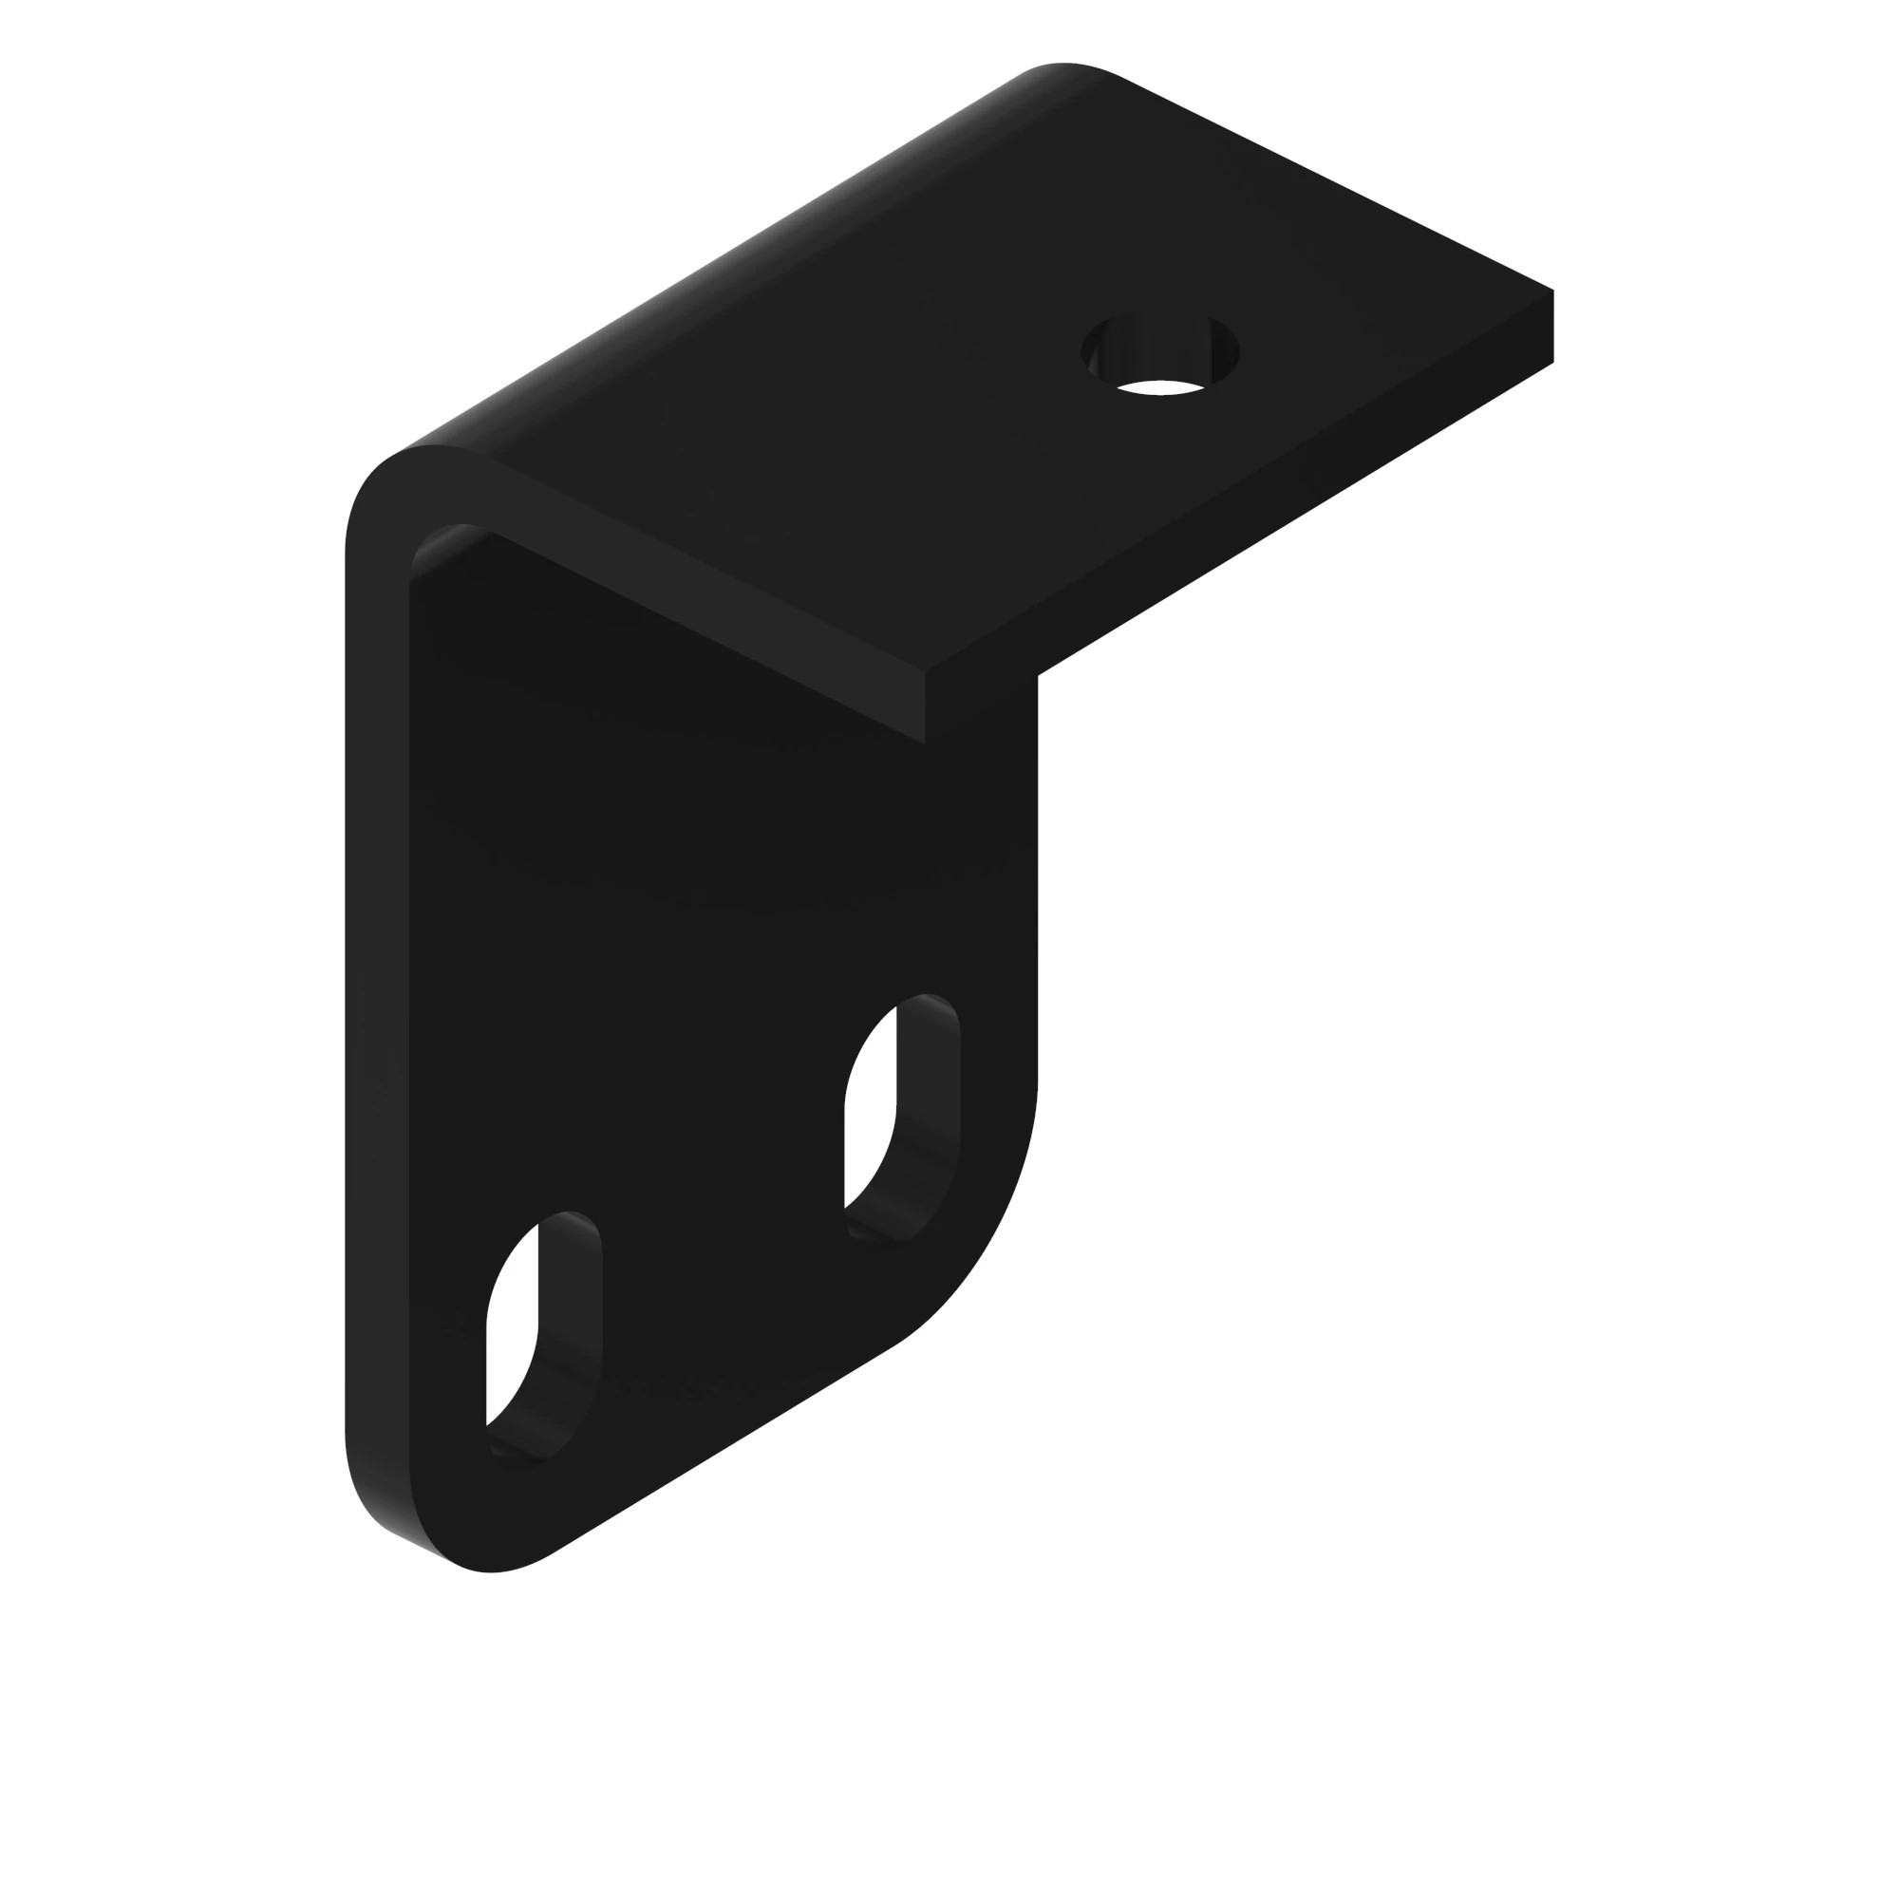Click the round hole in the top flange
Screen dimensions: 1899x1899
[1160, 354]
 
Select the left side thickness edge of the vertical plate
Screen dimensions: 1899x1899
[376, 983]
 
